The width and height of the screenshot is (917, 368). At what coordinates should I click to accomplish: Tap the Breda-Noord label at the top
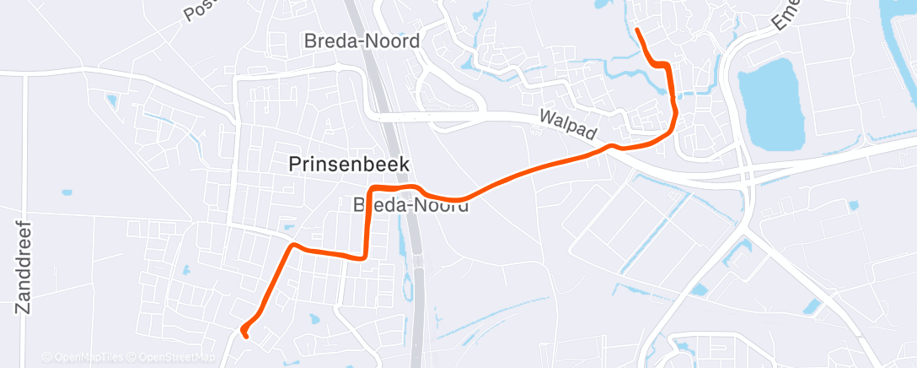[362, 41]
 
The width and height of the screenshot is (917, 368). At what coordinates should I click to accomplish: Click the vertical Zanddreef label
[24, 268]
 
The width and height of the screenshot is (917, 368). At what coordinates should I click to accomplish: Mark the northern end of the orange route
[636, 30]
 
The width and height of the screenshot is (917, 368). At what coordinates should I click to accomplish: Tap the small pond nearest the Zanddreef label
[67, 192]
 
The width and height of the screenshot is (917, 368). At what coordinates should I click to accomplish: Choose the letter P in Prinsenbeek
[295, 165]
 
